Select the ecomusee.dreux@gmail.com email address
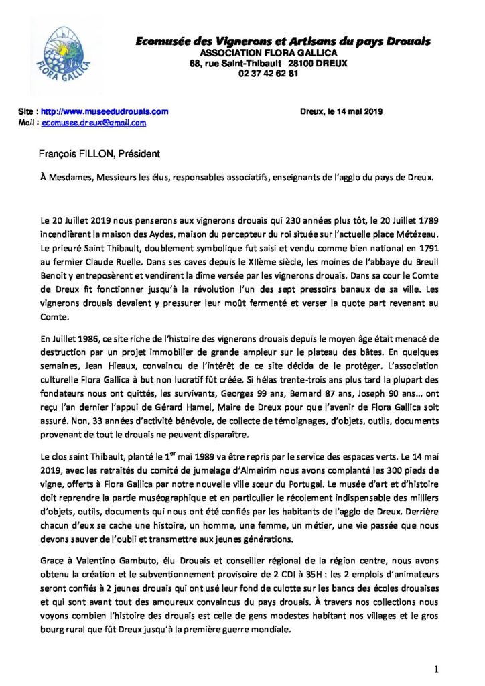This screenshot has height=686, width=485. pyautogui.click(x=94, y=123)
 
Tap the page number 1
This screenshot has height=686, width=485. pyautogui.click(x=436, y=650)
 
